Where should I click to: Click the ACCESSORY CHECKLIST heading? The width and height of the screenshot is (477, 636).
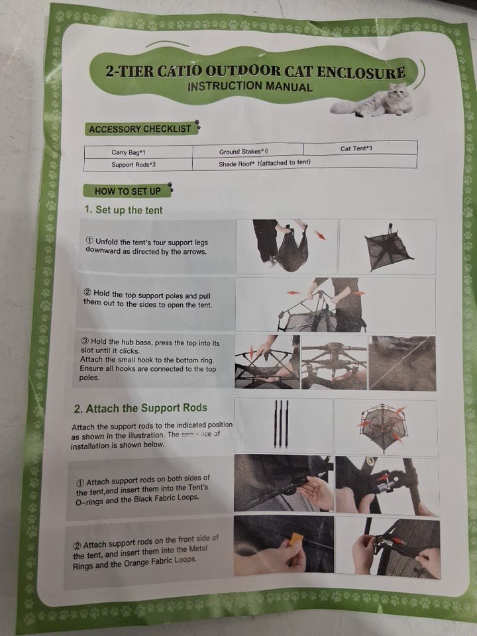pyautogui.click(x=140, y=129)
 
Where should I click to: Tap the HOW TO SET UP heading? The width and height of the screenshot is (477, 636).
pyautogui.click(x=128, y=191)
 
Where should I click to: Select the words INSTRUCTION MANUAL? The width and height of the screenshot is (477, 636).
pyautogui.click(x=250, y=86)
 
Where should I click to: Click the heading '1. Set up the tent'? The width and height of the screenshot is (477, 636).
pyautogui.click(x=123, y=210)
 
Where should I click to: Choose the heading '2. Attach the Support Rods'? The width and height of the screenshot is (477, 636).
pyautogui.click(x=140, y=408)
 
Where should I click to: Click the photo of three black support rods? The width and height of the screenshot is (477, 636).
pyautogui.click(x=283, y=426)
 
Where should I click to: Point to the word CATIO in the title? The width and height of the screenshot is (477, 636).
pyautogui.click(x=178, y=72)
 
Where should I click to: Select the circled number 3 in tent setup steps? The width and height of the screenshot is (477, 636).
pyautogui.click(x=85, y=342)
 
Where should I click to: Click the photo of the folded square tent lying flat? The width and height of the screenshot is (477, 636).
pyautogui.click(x=388, y=246)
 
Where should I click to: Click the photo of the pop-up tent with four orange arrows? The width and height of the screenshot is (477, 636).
pyautogui.click(x=386, y=427)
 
